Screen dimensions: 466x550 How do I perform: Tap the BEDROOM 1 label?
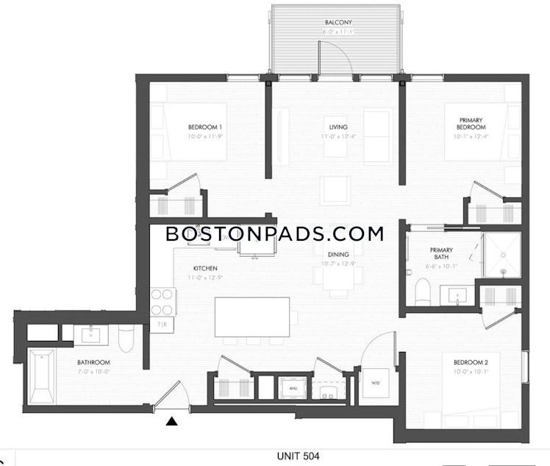pyautogui.click(x=205, y=127)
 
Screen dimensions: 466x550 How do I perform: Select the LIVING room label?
pyautogui.click(x=338, y=127)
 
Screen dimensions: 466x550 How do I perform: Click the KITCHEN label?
pyautogui.click(x=205, y=268)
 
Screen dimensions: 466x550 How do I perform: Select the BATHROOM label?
pyautogui.click(x=94, y=362)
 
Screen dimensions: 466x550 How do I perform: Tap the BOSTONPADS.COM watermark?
pyautogui.click(x=275, y=234)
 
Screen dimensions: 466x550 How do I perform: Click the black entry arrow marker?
pyautogui.click(x=171, y=422)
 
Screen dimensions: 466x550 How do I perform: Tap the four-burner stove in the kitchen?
pyautogui.click(x=162, y=302)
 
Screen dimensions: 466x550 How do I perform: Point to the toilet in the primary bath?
pyautogui.click(x=422, y=292)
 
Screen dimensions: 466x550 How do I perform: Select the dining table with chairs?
pyautogui.click(x=338, y=275)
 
